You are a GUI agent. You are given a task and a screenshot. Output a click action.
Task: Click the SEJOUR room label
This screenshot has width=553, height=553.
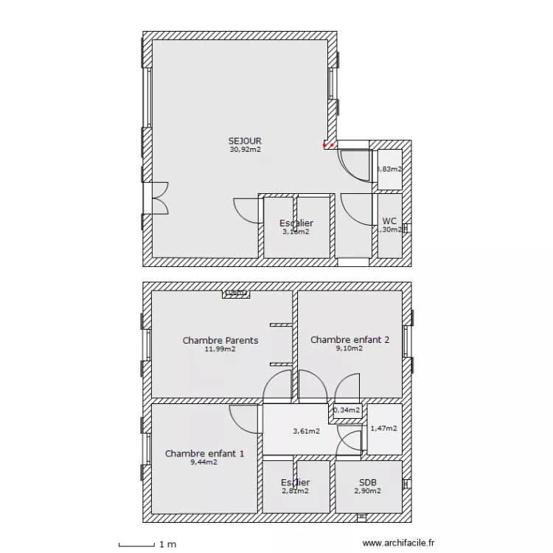245,141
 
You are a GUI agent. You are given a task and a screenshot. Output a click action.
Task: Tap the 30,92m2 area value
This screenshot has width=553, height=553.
245,149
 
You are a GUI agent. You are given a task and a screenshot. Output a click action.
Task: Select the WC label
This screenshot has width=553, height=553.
390,220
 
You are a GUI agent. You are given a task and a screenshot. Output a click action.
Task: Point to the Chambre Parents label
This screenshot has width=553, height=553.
220,341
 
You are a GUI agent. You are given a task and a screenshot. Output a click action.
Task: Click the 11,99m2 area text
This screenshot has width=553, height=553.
220,349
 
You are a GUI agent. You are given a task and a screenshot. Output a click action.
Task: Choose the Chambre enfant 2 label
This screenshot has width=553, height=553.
349,340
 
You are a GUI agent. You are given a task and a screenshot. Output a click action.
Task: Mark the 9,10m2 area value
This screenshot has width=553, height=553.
349,349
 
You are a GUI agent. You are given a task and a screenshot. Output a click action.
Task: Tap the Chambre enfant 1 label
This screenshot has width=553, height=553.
204,453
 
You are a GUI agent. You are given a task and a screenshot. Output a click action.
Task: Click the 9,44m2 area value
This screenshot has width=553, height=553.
204,462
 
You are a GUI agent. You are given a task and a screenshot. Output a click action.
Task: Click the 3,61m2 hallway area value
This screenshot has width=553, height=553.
306,431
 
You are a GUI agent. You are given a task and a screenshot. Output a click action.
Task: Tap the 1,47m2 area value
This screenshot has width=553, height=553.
383,428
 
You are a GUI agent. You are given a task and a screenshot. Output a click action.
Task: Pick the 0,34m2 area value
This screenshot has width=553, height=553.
347,410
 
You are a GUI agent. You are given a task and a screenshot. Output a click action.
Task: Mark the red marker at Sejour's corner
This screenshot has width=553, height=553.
327,145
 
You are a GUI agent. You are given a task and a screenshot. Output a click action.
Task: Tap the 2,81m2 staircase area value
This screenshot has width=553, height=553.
295,490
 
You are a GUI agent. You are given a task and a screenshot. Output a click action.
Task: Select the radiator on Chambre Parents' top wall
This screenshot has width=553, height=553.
237,293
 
